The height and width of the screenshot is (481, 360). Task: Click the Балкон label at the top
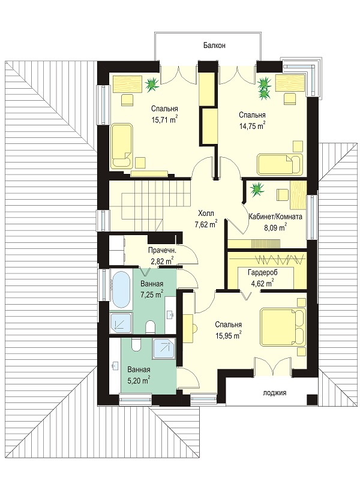pyautogui.click(x=215, y=46)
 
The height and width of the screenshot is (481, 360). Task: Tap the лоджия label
pyautogui.click(x=275, y=392)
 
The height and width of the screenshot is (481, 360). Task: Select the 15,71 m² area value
pyautogui.click(x=165, y=119)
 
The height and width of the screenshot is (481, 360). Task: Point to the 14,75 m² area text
pyautogui.click(x=252, y=125)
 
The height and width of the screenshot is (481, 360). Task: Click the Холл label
pyautogui.click(x=206, y=213)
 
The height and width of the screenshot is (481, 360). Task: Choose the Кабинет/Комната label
pyautogui.click(x=275, y=217)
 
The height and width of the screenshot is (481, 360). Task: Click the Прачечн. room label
pyautogui.click(x=162, y=250)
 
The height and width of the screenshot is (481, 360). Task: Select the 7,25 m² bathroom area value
pyautogui.click(x=152, y=294)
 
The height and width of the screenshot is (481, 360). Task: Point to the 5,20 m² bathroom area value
pyautogui.click(x=139, y=380)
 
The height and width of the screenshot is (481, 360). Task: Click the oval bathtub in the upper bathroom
pyautogui.click(x=121, y=290)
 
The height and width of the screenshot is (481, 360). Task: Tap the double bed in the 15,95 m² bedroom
pyautogui.click(x=283, y=327)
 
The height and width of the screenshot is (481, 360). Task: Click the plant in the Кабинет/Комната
pyautogui.click(x=257, y=190)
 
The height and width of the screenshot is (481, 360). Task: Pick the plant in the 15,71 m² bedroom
pyautogui.click(x=151, y=84)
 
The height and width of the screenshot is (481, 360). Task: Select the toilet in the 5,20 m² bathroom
pyautogui.click(x=136, y=345)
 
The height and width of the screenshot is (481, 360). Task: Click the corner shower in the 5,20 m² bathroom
pyautogui.click(x=164, y=348)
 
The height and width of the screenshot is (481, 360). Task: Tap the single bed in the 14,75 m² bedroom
pyautogui.click(x=280, y=165)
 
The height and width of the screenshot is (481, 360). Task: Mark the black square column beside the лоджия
pyautogui.click(x=312, y=399)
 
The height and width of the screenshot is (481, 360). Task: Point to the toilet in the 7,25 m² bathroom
pyautogui.click(x=150, y=327)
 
